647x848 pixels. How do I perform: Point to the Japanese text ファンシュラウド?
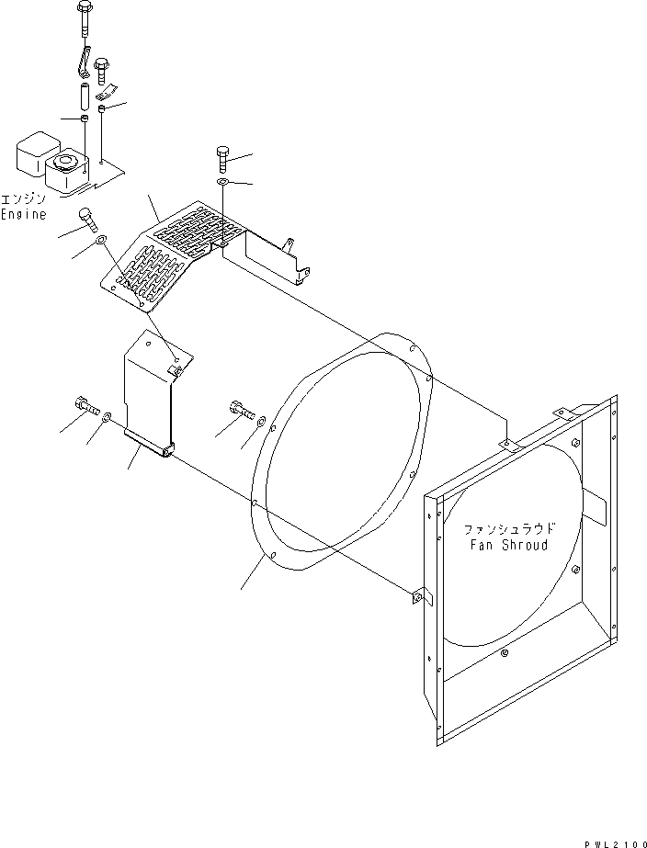509,530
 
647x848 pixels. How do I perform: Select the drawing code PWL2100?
614,841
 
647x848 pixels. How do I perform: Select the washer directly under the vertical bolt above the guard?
223,186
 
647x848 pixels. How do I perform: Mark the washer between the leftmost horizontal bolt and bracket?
108,418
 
